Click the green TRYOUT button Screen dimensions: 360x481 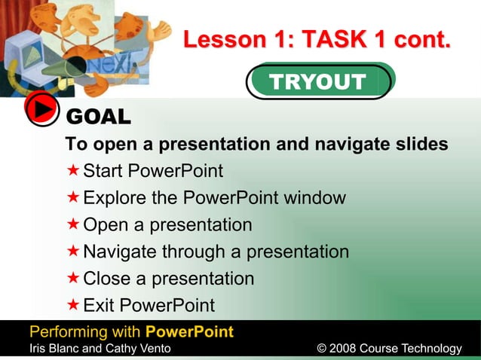tap(318, 82)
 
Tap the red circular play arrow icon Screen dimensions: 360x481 tap(42, 110)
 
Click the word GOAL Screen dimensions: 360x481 tap(99, 117)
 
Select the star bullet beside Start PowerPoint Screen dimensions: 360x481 tap(73, 171)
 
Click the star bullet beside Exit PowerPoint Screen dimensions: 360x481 tap(73, 305)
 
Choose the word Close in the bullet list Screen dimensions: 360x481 tap(106, 279)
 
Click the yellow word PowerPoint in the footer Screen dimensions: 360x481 tap(189, 332)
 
